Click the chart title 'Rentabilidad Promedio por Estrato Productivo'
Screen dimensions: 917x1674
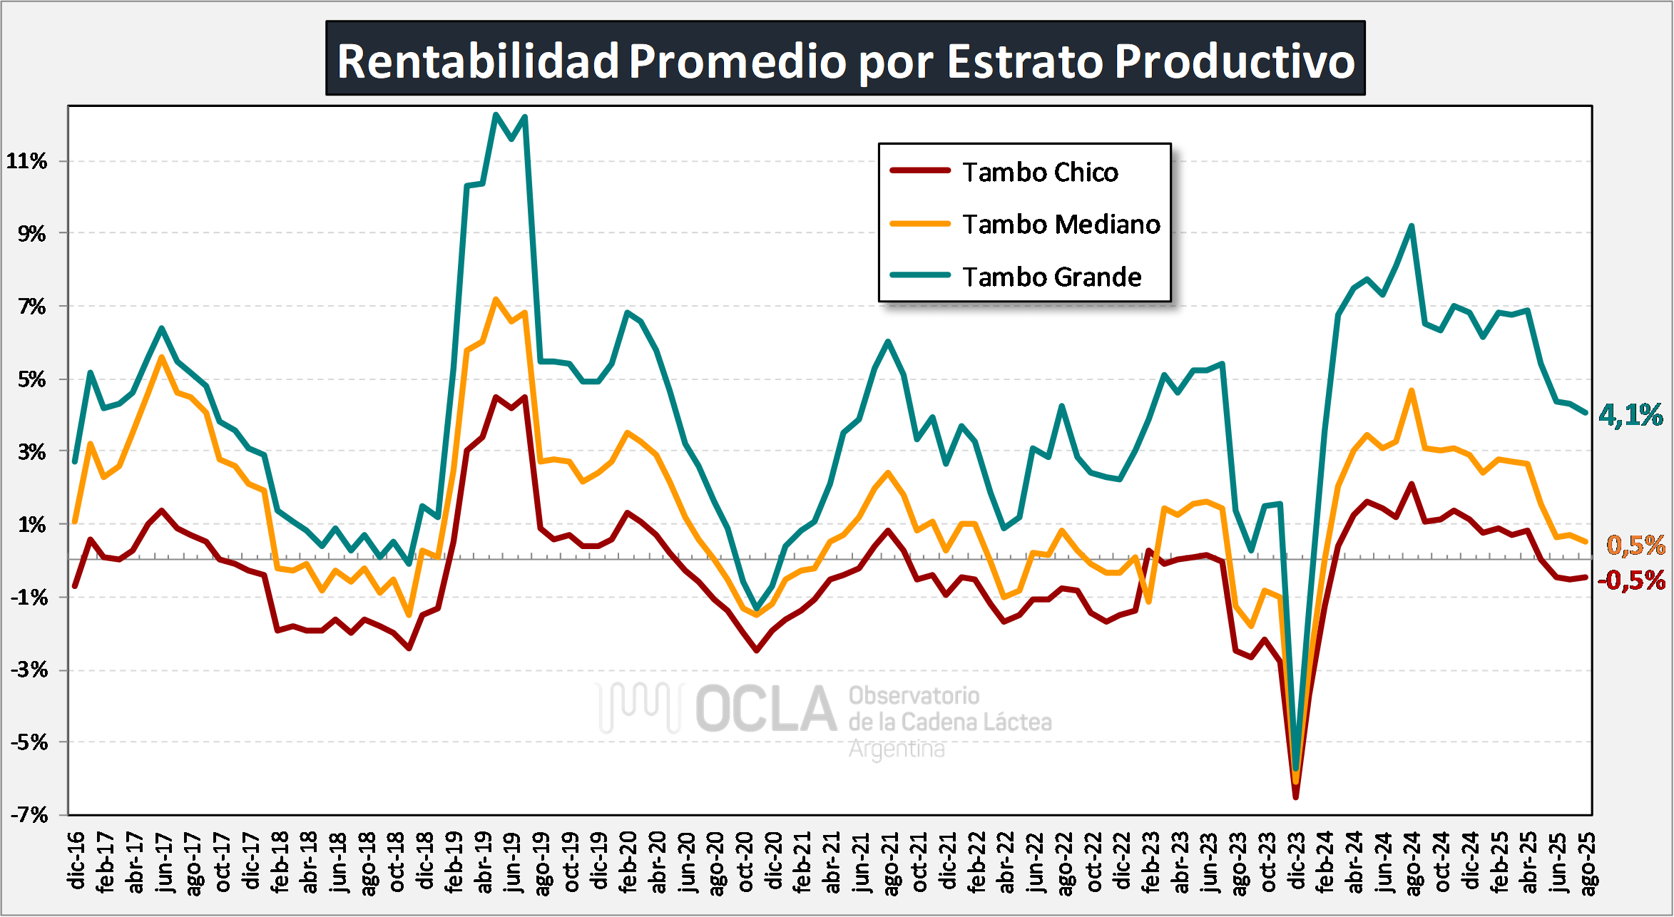coord(845,60)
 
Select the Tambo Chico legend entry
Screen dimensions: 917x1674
coord(1039,172)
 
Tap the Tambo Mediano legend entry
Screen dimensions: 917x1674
coord(1061,224)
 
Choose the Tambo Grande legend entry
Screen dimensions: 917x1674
coord(1051,277)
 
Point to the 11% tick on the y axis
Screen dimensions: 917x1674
coord(27,161)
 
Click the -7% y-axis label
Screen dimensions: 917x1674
coord(29,814)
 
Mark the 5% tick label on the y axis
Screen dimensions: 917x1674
coord(31,379)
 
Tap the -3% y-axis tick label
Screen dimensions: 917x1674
coord(29,670)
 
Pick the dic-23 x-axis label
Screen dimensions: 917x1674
coord(1296,861)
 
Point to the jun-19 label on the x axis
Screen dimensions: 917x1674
coord(511,861)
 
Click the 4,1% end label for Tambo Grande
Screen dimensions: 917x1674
coord(1630,415)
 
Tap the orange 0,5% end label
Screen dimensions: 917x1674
coord(1635,545)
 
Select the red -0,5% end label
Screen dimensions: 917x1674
coord(1631,580)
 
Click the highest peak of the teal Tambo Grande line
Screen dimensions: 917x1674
coord(496,114)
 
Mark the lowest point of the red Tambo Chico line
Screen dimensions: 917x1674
coord(1296,797)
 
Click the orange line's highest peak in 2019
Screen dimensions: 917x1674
coord(496,299)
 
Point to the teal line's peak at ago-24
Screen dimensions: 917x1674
coord(1412,226)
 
